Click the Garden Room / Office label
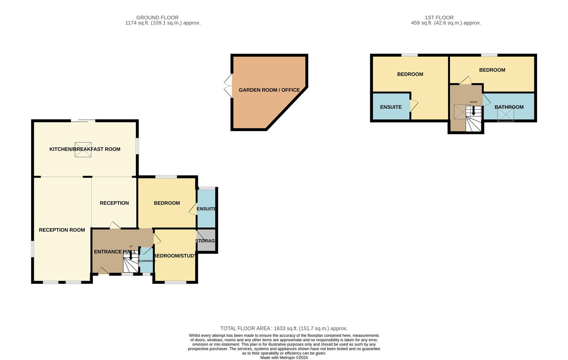(x=269, y=90)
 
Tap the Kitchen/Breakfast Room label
(x=85, y=149)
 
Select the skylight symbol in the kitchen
(x=83, y=150)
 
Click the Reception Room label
(x=62, y=230)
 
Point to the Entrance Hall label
(x=115, y=252)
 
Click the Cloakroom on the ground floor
(x=146, y=260)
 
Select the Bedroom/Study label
(x=175, y=256)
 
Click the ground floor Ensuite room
(x=206, y=209)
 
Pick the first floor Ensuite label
(x=391, y=107)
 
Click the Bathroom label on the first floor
(x=509, y=107)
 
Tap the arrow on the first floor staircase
(x=473, y=111)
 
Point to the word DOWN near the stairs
(x=473, y=102)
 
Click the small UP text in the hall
(x=131, y=247)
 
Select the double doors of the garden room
(x=228, y=86)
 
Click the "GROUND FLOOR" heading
(x=157, y=17)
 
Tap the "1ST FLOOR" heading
(x=439, y=17)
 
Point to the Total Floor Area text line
(x=284, y=329)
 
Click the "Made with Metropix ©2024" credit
(x=284, y=358)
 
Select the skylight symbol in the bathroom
(x=506, y=114)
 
